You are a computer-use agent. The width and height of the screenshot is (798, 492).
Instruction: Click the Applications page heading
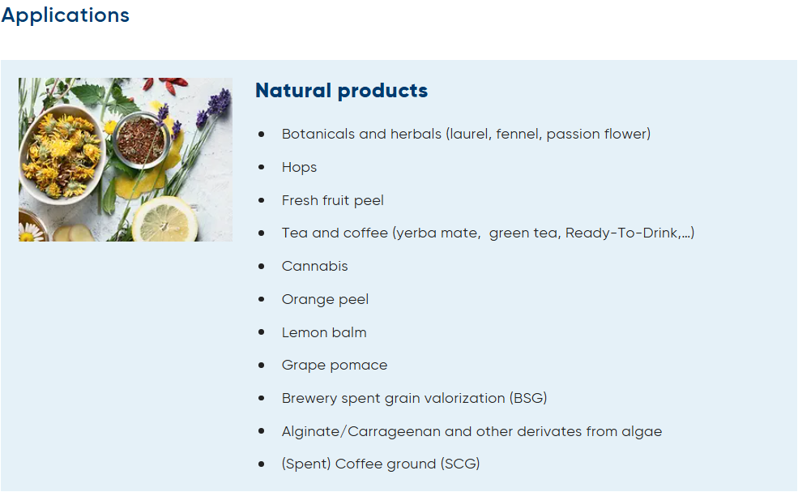tap(65, 15)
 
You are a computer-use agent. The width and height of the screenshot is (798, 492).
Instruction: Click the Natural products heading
tap(342, 91)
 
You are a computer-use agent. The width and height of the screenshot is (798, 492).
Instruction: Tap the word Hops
tap(299, 168)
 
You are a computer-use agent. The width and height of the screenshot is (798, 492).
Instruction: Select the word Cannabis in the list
tap(314, 266)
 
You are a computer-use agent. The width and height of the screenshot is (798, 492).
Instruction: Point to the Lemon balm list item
tap(324, 332)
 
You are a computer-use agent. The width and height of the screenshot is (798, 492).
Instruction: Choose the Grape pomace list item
tap(335, 366)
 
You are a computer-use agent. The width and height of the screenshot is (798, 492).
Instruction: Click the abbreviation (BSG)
tap(528, 398)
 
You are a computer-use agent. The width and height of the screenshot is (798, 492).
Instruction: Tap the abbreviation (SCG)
tap(460, 464)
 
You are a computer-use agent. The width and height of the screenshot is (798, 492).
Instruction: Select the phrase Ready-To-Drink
tap(621, 233)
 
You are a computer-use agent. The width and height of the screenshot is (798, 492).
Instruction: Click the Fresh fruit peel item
tap(333, 201)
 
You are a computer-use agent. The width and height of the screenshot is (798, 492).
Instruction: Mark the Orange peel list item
tap(325, 299)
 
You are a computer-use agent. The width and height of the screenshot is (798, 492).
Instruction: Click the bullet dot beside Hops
tap(262, 167)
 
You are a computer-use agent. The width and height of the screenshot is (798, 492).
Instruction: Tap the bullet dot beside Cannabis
tap(262, 266)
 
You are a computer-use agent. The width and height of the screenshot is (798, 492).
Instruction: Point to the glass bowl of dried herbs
tap(141, 139)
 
